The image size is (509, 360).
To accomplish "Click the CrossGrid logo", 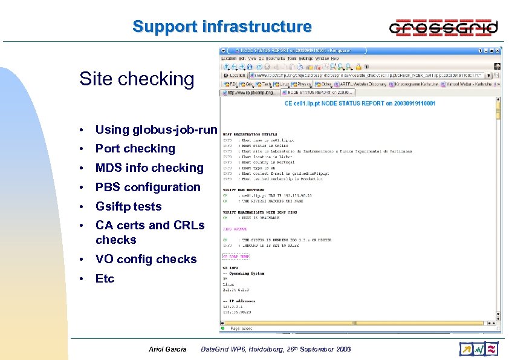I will (444, 27).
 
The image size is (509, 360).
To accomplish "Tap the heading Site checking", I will (137, 79).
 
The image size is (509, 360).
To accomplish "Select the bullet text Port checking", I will (135, 148).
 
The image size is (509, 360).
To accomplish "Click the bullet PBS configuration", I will (148, 187).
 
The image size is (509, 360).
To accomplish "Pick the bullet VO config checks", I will (146, 259).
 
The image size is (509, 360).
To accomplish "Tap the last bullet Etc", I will (105, 278).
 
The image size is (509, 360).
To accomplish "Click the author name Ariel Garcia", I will (167, 349).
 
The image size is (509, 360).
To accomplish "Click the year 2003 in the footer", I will (341, 349).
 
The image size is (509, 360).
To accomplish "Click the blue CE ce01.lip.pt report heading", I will (360, 103).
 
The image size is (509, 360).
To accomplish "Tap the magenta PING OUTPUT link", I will (236, 229).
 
